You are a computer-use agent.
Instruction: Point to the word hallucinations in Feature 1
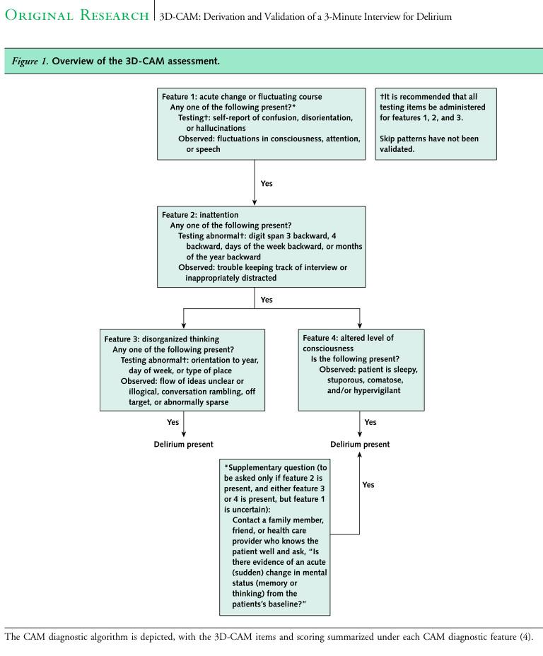click(216, 128)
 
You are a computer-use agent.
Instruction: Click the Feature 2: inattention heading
click(200, 214)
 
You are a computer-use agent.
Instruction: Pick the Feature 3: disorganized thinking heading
click(161, 339)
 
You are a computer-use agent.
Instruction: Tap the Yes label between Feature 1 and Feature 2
click(267, 183)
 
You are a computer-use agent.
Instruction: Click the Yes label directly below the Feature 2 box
click(267, 300)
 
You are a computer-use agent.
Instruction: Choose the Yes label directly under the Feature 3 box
click(173, 422)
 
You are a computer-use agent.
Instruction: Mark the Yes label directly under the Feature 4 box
click(370, 422)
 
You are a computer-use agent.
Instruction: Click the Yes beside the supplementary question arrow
click(368, 485)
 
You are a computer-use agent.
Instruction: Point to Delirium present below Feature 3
click(183, 444)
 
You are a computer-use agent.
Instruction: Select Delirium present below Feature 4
click(360, 444)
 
